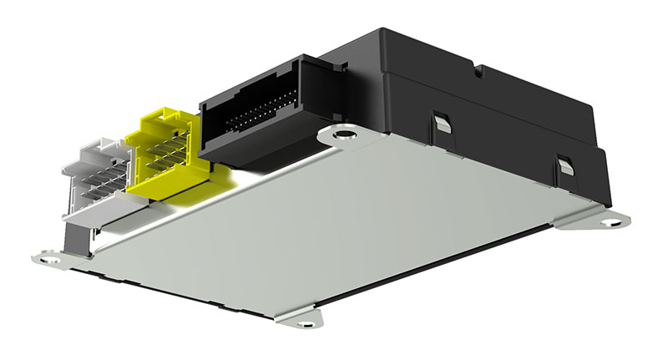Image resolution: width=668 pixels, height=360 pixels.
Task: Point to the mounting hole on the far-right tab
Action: click(617, 221)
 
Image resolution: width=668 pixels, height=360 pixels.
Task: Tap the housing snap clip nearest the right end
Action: click(565, 165)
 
